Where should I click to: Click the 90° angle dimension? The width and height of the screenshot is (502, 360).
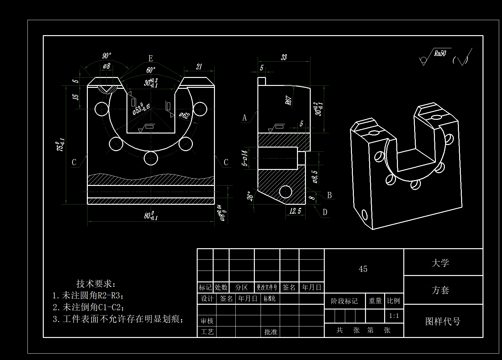coord(107,56)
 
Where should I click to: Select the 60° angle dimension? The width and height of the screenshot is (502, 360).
coord(151,70)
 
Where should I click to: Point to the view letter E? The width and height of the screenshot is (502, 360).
coord(151,58)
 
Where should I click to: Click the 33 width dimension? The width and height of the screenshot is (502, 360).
coord(284,57)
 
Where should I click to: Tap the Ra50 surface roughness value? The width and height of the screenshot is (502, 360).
coord(440,53)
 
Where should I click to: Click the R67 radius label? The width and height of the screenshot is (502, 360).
coord(288,100)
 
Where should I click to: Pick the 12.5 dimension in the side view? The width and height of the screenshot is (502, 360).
coord(295,211)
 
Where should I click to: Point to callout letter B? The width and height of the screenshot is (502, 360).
coord(330,195)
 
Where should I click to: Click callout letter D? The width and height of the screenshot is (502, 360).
coord(325,212)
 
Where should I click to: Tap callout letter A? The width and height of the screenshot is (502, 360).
coord(245,118)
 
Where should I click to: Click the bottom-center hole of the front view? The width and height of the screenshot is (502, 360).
coord(151,158)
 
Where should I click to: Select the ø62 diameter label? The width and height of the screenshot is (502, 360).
coord(184,115)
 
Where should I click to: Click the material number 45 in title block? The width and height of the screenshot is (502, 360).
coord(363,269)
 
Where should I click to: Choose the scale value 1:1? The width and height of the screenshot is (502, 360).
coord(394,316)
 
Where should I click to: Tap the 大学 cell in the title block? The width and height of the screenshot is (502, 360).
coord(440,263)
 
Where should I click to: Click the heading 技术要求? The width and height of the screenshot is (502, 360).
coord(96,283)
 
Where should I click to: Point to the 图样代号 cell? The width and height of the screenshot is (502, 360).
coord(443,321)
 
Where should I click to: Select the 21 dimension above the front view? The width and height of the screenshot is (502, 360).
coord(199,66)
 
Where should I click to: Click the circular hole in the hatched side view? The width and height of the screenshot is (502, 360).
coord(285,192)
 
